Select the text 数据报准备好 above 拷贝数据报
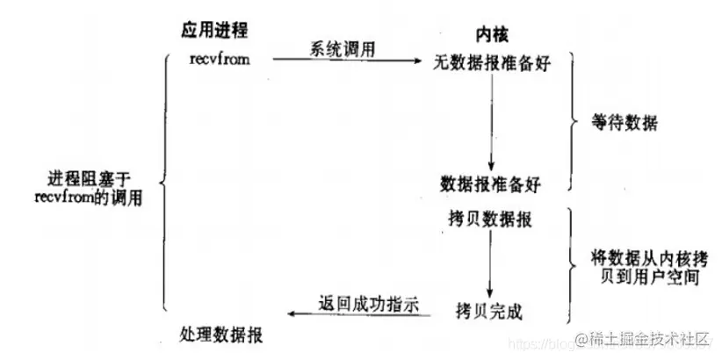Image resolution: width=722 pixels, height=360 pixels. pyautogui.click(x=491, y=184)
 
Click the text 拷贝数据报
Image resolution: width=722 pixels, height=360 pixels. pyautogui.click(x=490, y=215)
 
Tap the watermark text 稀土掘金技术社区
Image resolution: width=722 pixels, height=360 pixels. pyautogui.click(x=647, y=337)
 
